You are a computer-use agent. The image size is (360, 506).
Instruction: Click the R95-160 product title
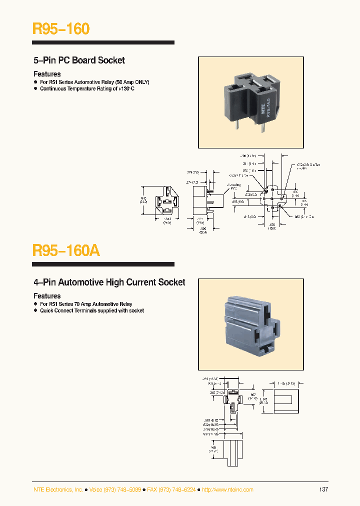coord(61,29)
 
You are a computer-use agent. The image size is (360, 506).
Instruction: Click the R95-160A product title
coord(66,250)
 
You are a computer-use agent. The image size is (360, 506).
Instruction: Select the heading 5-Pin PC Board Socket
coord(79,60)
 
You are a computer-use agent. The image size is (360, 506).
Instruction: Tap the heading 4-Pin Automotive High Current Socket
coord(109,282)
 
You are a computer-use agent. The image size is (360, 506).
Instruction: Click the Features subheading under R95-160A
coord(47,296)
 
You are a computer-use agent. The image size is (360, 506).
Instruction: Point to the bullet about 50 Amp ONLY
coord(94,82)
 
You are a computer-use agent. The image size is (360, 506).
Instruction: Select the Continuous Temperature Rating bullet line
coord(87,88)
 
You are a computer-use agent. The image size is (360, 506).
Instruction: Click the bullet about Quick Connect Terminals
coord(91,310)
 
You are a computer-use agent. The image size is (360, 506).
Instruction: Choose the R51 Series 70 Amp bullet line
coord(86,304)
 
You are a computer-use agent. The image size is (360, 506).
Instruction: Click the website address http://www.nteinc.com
coord(227,489)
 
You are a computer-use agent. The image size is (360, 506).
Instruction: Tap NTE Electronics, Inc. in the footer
coord(58,489)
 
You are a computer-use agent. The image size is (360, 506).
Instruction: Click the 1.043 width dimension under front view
coord(167,220)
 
